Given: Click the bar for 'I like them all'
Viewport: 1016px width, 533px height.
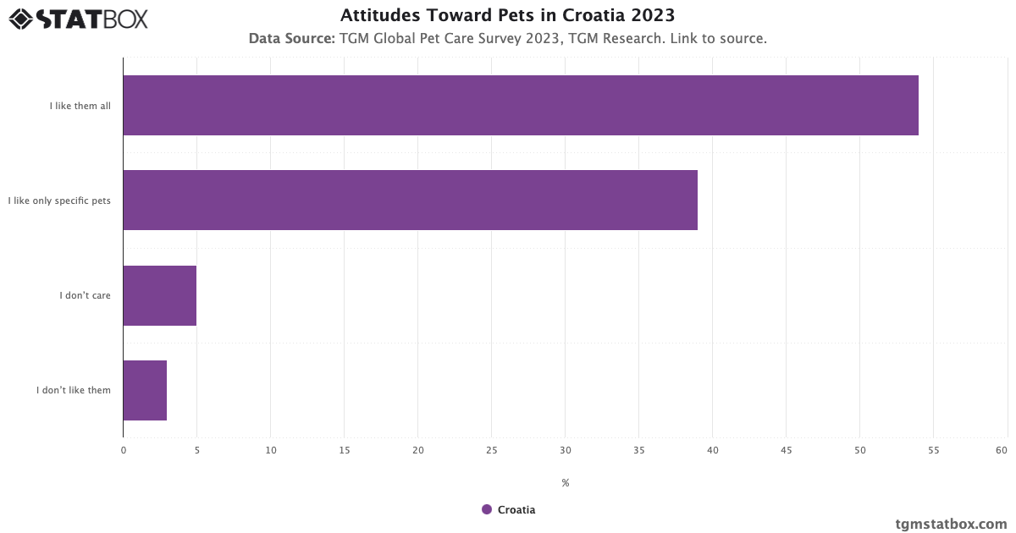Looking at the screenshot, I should (521, 105).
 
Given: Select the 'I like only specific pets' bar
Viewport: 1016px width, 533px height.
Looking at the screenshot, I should (410, 200).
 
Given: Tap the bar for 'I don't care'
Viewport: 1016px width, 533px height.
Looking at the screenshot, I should (159, 295).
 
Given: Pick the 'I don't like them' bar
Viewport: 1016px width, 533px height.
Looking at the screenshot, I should (145, 390).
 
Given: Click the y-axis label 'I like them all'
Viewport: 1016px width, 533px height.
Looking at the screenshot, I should (80, 106).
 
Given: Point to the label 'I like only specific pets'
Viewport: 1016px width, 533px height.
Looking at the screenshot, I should (59, 201).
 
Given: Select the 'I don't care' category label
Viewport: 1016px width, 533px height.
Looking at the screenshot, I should (85, 295).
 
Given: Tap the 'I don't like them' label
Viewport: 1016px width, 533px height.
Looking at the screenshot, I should (74, 390).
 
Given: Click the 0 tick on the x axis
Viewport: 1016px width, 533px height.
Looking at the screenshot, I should (124, 451).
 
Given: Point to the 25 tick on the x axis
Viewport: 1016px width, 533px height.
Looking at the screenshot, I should (491, 451).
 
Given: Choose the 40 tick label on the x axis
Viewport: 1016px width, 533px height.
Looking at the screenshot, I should (712, 451).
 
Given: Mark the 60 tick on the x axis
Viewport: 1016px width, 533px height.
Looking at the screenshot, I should (1002, 451).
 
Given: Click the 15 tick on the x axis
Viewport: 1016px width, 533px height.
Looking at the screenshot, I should (344, 451).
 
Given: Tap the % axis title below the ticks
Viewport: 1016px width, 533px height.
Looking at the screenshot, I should (565, 483).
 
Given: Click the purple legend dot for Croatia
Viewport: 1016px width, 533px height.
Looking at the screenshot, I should (487, 509).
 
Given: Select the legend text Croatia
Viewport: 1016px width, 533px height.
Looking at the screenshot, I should (516, 509).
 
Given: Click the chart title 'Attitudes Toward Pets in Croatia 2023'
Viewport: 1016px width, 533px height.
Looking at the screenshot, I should (507, 15).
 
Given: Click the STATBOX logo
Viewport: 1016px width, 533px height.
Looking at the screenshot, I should (78, 18).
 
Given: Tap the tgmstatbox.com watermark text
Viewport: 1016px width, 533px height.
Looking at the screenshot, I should (951, 524).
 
